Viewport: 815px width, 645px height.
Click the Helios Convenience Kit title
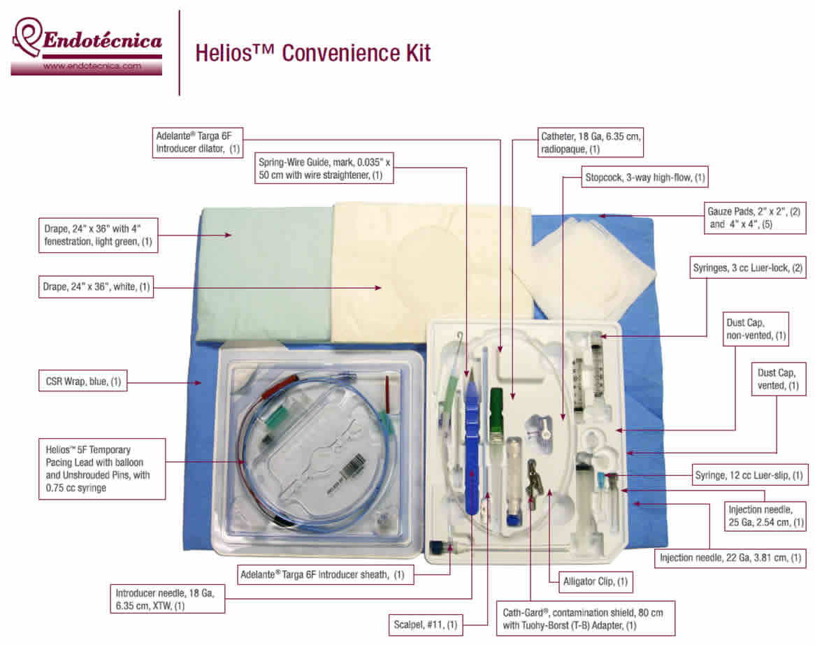(x=312, y=53)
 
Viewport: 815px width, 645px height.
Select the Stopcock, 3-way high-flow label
(x=644, y=177)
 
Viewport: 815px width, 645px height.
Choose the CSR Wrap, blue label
(x=82, y=382)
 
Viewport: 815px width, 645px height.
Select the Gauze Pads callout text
(x=756, y=217)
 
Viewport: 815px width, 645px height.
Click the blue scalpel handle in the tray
(x=472, y=454)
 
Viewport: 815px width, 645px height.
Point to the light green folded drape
(x=266, y=273)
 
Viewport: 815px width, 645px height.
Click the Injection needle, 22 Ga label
(x=732, y=558)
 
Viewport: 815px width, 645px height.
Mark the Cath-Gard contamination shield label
(x=585, y=618)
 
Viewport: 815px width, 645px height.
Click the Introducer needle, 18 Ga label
(x=167, y=600)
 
